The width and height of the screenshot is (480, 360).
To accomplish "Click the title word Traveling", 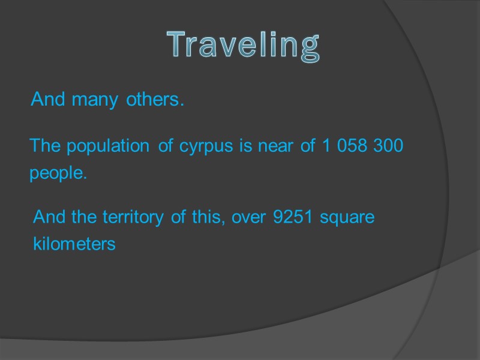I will [242, 46].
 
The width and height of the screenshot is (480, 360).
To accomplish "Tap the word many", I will [94, 100].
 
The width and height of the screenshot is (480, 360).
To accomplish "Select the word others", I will [154, 100].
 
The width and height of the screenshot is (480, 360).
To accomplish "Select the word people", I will [58, 174].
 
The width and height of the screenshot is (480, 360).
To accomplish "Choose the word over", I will [249, 217].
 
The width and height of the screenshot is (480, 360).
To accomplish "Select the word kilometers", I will [74, 245].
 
